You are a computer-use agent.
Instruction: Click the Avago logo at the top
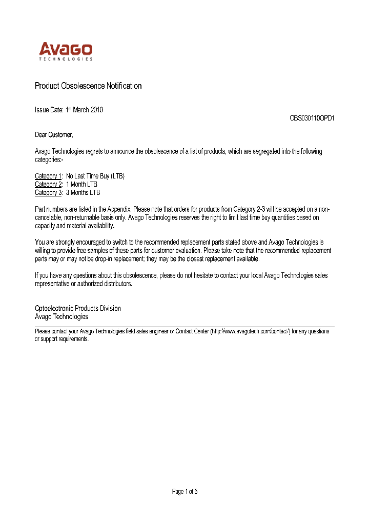[66, 50]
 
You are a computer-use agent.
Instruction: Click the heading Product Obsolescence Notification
[88, 86]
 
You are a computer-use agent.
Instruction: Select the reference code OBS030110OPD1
[312, 118]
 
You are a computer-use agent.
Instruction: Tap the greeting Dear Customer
[53, 134]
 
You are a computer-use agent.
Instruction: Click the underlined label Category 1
[48, 176]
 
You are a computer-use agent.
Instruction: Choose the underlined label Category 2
[48, 184]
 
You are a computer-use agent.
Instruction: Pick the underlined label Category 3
[48, 192]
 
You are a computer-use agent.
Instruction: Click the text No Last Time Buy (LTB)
[95, 176]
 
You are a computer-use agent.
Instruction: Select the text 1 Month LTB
[81, 184]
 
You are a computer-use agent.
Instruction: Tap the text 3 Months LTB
[83, 192]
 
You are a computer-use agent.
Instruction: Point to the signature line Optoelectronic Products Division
[78, 308]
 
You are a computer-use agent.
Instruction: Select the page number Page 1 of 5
[184, 491]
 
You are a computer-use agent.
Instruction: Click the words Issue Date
[49, 110]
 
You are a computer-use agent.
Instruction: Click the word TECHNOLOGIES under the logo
[66, 59]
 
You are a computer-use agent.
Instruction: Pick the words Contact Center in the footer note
[192, 331]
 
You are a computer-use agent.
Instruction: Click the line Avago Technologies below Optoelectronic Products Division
[61, 316]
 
